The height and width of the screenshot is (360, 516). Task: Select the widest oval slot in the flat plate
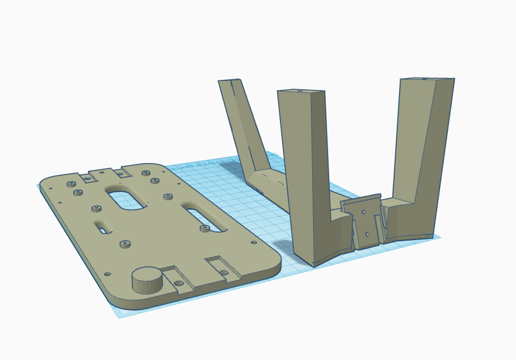tap(127, 199)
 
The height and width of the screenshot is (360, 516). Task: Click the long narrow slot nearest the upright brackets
tap(205, 217)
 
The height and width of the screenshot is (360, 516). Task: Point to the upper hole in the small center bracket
tap(364, 212)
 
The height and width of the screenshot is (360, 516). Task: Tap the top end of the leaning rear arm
tap(230, 81)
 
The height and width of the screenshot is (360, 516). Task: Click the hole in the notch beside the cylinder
tap(178, 283)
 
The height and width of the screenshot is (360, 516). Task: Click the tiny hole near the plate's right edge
tap(254, 242)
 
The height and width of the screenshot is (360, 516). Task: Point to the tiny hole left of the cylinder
tap(108, 274)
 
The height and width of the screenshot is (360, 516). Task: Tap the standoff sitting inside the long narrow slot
tap(204, 228)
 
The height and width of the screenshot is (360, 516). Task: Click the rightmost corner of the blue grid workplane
tap(441, 237)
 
